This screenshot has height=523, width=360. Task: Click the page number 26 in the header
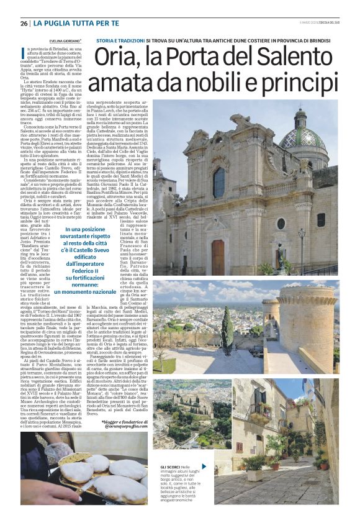(24, 23)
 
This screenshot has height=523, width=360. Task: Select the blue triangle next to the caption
(204, 465)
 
